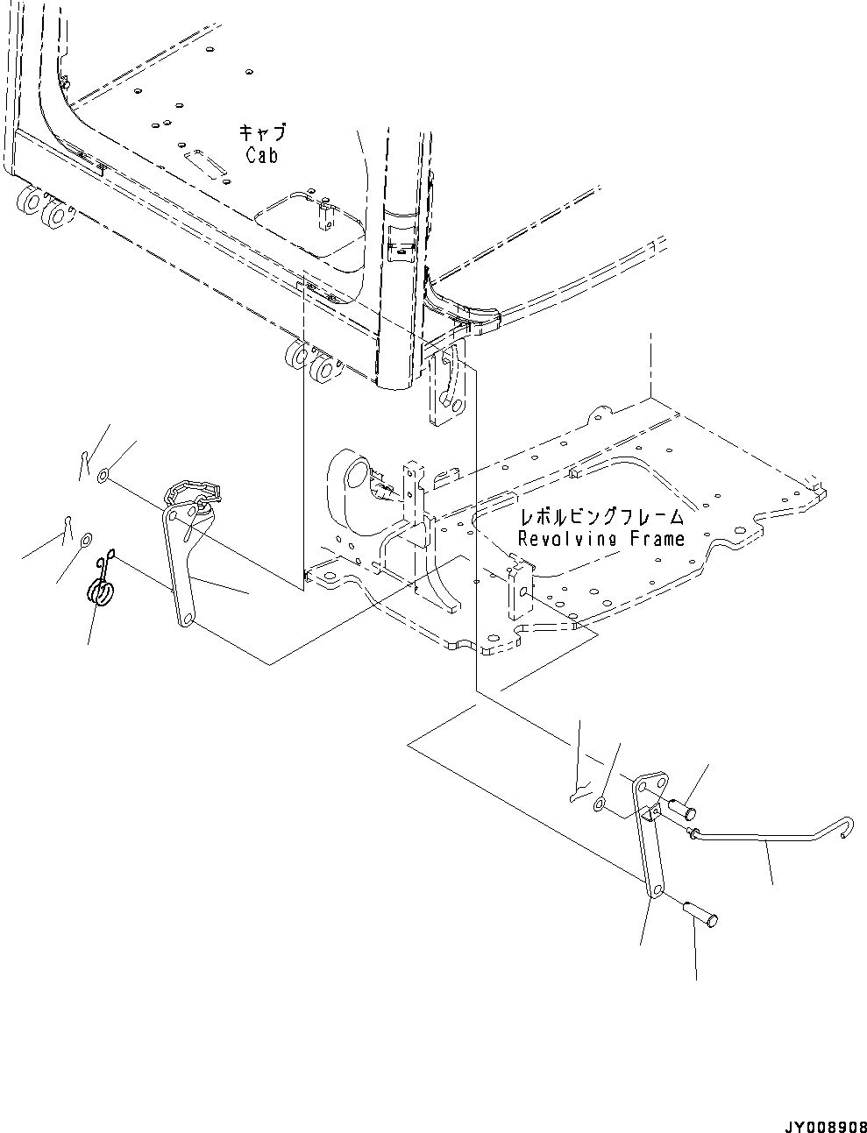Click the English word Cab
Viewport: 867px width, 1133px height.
coord(262,155)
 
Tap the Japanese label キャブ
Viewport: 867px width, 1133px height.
coord(262,133)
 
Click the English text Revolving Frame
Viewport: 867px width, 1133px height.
coord(601,538)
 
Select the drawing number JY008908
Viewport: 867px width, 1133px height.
coord(815,1116)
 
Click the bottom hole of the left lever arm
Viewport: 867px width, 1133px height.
coord(185,620)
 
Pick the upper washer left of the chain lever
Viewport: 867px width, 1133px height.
coord(103,476)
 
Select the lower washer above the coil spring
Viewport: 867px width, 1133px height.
coord(86,539)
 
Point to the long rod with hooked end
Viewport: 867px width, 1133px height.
coord(763,838)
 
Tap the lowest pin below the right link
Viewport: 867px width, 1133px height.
coord(701,914)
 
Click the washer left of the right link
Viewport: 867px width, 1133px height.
coord(600,803)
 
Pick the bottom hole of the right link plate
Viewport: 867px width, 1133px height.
coord(655,892)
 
